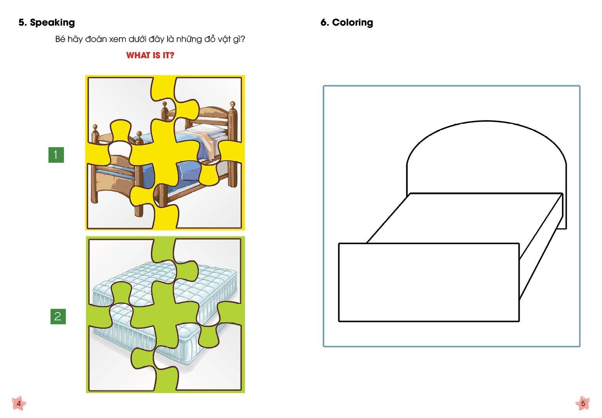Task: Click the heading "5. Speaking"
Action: coord(47,23)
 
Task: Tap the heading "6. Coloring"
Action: coord(347,23)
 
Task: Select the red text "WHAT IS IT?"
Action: coord(150,56)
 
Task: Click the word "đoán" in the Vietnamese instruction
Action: coord(96,39)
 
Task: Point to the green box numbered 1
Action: coord(56,155)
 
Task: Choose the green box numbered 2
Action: coord(58,316)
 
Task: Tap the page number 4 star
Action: coord(19,403)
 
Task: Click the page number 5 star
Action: coord(583,403)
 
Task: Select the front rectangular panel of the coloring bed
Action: coord(429,282)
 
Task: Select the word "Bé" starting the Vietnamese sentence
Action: coord(60,39)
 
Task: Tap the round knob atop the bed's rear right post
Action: coord(233,104)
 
